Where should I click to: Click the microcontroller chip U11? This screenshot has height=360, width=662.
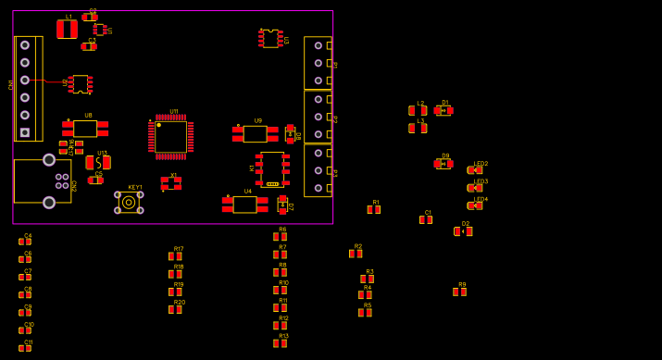pyautogui.click(x=170, y=137)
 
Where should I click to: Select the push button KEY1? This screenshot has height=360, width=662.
pyautogui.click(x=129, y=202)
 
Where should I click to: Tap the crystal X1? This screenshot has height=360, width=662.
pyautogui.click(x=170, y=183)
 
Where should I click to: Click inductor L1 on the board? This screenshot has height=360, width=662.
pyautogui.click(x=67, y=30)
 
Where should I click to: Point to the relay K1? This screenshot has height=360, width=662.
pyautogui.click(x=272, y=168)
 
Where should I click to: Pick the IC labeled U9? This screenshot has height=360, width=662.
pyautogui.click(x=255, y=134)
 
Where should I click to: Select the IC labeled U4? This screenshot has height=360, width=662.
pyautogui.click(x=244, y=205)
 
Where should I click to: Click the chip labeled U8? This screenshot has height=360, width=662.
pyautogui.click(x=85, y=129)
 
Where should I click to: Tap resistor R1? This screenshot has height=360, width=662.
pyautogui.click(x=373, y=210)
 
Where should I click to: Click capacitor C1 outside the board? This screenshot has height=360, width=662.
pyautogui.click(x=425, y=220)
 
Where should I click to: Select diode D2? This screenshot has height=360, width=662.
pyautogui.click(x=463, y=231)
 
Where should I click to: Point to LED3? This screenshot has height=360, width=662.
pyautogui.click(x=475, y=188)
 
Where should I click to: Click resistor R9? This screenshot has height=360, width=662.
pyautogui.click(x=459, y=292)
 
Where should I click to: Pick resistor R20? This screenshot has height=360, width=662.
pyautogui.click(x=175, y=310)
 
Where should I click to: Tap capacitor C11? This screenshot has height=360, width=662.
pyautogui.click(x=25, y=349)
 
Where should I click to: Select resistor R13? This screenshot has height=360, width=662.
pyautogui.click(x=280, y=343)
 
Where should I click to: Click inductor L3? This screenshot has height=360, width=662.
pyautogui.click(x=418, y=129)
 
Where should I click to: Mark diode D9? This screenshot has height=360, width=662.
pyautogui.click(x=443, y=164)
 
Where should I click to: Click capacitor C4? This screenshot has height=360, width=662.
pyautogui.click(x=25, y=242)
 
